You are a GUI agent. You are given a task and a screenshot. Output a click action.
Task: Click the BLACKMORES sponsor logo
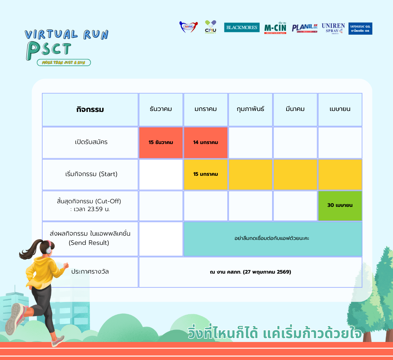click(242, 27)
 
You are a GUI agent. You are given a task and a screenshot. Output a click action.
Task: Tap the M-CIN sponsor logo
click(275, 28)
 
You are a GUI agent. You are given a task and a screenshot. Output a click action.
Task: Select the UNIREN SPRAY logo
click(333, 28)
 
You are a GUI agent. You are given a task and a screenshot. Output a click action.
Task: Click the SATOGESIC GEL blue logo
click(360, 28)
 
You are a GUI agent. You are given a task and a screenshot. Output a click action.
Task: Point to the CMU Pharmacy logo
click(211, 27)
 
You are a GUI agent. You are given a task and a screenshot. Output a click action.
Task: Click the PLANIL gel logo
click(305, 28)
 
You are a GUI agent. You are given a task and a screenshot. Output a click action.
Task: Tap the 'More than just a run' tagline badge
click(64, 63)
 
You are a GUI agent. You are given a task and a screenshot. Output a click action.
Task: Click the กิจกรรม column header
click(90, 110)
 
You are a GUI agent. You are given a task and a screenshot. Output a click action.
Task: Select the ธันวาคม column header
click(161, 109)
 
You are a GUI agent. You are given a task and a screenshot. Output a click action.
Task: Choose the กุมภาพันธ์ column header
click(251, 109)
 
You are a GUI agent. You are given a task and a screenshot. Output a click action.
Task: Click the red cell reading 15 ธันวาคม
click(161, 142)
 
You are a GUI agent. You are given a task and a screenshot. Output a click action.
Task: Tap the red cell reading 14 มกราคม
click(206, 142)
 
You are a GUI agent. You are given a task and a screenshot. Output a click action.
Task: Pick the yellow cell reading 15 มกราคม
click(206, 174)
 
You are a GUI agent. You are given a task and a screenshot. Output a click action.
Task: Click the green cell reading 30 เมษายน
click(340, 206)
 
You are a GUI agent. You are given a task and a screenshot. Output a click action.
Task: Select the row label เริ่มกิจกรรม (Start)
click(91, 174)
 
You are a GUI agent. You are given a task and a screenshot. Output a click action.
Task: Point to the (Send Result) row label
click(89, 243)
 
